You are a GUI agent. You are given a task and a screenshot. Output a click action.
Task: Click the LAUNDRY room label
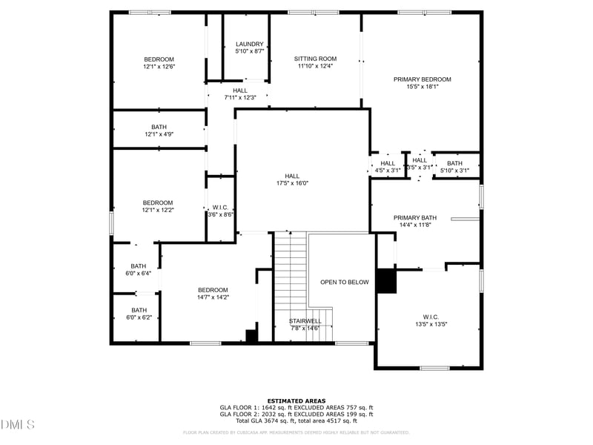pyautogui.click(x=245, y=44)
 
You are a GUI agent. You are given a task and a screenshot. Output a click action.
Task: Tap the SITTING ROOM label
pyautogui.click(x=315, y=59)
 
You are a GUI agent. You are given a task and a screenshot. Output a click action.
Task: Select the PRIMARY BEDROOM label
pyautogui.click(x=422, y=79)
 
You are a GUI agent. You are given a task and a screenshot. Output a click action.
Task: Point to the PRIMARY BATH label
pyautogui.click(x=414, y=217)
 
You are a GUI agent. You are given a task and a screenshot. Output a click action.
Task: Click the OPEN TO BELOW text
pyautogui.click(x=344, y=282)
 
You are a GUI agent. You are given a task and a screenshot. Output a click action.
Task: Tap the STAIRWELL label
pyautogui.click(x=305, y=321)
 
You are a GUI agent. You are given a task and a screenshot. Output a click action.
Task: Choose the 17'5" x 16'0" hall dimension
pyautogui.click(x=291, y=182)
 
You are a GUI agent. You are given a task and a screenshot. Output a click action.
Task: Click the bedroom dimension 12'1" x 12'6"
pyautogui.click(x=159, y=67)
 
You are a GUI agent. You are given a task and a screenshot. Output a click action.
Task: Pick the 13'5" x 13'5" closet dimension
pyautogui.click(x=431, y=323)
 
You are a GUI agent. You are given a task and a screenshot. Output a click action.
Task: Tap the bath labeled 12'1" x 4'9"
pyautogui.click(x=159, y=134)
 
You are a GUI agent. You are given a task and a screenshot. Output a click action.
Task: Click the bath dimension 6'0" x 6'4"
pyautogui.click(x=139, y=273)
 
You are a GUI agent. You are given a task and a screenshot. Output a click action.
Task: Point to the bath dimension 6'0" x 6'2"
pyautogui.click(x=139, y=317)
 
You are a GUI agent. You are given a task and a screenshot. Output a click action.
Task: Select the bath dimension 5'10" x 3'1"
pyautogui.click(x=454, y=171)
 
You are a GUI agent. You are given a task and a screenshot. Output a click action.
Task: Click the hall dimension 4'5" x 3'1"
pyautogui.click(x=388, y=171)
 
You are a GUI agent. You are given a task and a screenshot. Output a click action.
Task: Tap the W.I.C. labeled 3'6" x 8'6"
pyautogui.click(x=220, y=214)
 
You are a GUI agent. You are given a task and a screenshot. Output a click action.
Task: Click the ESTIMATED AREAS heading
pyautogui.click(x=296, y=400)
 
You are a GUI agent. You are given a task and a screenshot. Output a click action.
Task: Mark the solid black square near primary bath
pyautogui.click(x=387, y=281)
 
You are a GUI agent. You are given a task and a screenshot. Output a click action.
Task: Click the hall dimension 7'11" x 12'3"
pyautogui.click(x=240, y=97)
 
